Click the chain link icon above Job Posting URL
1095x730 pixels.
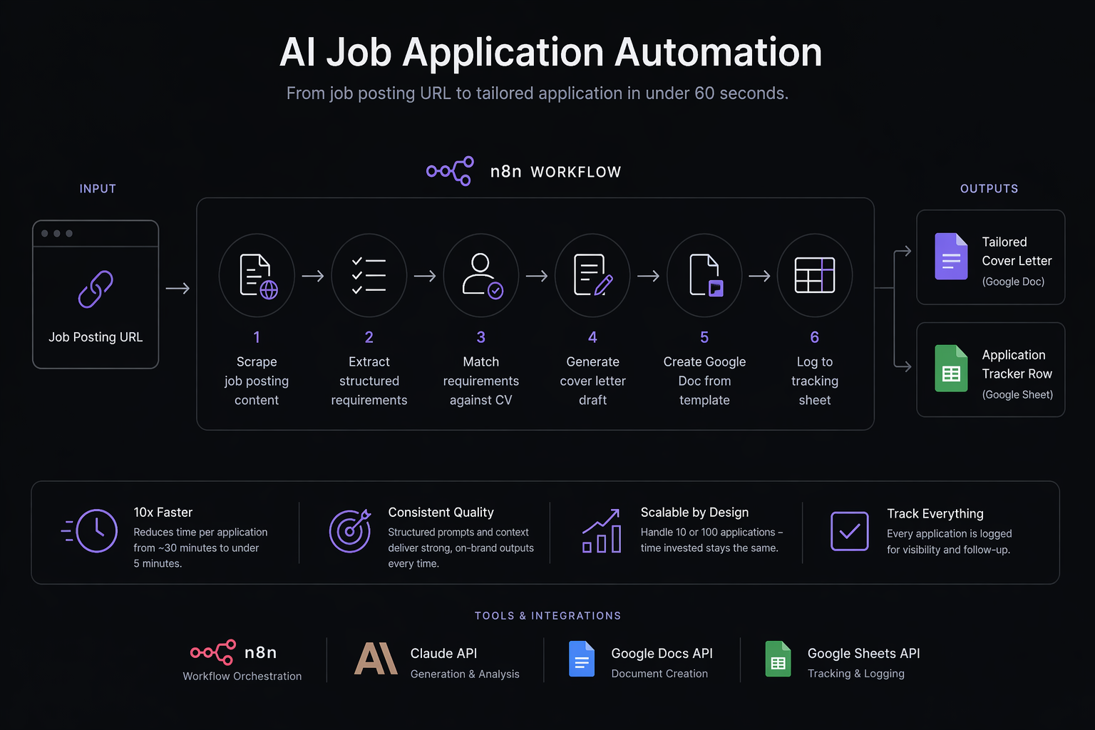coord(96,289)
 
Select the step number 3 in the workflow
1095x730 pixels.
coord(480,337)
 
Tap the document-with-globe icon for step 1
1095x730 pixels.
coord(257,276)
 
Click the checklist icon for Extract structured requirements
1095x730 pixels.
coord(369,276)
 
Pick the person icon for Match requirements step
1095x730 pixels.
coord(481,275)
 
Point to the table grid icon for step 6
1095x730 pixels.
coord(814,275)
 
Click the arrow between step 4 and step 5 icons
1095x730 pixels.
coord(648,276)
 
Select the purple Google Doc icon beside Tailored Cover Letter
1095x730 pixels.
coord(951,257)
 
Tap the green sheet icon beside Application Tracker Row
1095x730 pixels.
coord(951,369)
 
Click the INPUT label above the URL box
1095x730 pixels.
coord(98,189)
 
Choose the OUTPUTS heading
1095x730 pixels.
coord(989,189)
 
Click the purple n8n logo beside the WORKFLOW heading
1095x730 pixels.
coord(450,171)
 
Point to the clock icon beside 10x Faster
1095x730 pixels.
coord(96,531)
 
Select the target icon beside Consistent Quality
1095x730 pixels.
coord(350,531)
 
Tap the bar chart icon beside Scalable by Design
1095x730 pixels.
coord(602,532)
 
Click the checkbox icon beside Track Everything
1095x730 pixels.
coord(849,531)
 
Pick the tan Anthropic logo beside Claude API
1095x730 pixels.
coord(376,659)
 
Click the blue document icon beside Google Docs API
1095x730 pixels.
coord(581,659)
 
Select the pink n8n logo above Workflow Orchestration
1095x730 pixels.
coord(213,652)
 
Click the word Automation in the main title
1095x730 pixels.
coord(718,53)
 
